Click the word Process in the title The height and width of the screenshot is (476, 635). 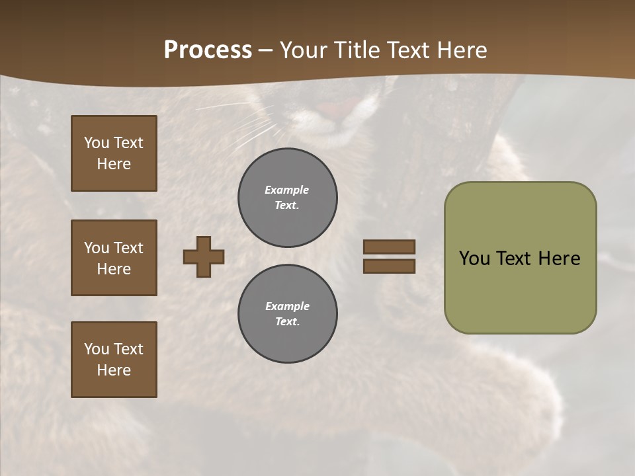208,50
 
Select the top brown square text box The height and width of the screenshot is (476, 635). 114,153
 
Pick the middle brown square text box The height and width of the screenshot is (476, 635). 114,258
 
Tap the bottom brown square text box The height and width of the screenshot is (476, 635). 114,360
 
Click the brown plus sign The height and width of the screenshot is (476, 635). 204,257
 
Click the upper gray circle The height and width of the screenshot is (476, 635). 287,198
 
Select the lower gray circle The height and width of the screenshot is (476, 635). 287,314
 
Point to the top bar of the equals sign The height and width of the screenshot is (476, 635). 389,247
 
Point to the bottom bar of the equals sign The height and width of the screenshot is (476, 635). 389,266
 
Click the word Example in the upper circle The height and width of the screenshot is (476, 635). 287,190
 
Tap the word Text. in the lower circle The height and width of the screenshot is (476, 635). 287,322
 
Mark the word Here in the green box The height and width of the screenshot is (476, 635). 559,258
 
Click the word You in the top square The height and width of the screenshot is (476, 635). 97,143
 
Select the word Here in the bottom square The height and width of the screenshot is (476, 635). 114,370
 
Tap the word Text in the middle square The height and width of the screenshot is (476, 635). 128,248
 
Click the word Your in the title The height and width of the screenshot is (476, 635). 304,50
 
